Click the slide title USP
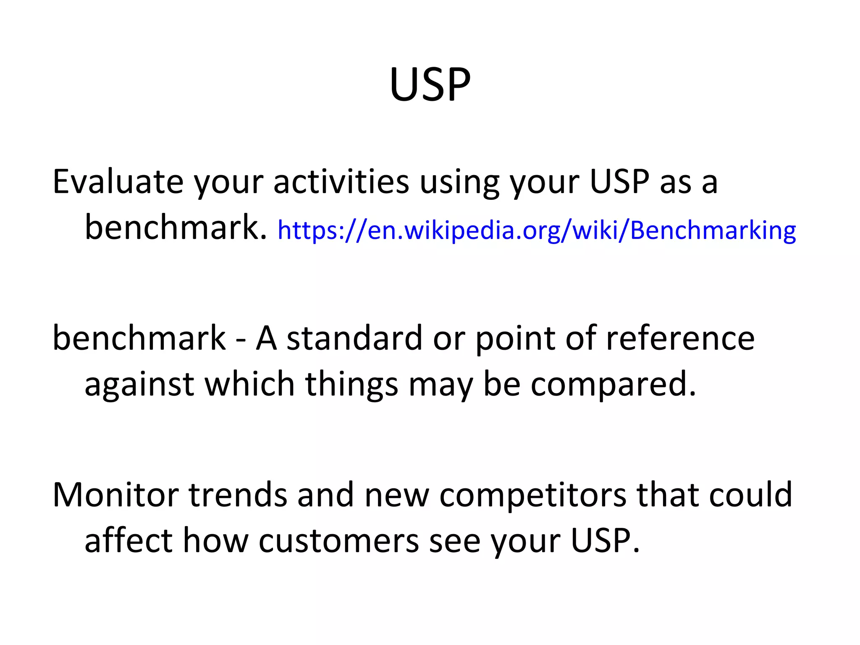point(430,85)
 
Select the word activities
point(341,182)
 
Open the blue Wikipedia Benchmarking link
point(536,231)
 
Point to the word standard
point(354,338)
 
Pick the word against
point(139,385)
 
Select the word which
point(249,384)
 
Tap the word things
point(351,385)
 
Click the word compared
point(613,385)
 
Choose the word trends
point(238,495)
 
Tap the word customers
point(338,541)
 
